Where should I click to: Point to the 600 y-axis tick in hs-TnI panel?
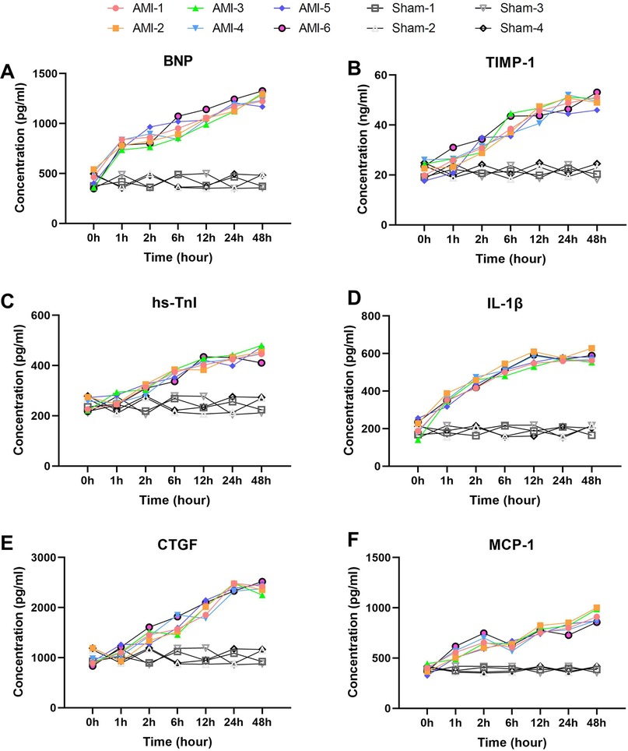48,316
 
